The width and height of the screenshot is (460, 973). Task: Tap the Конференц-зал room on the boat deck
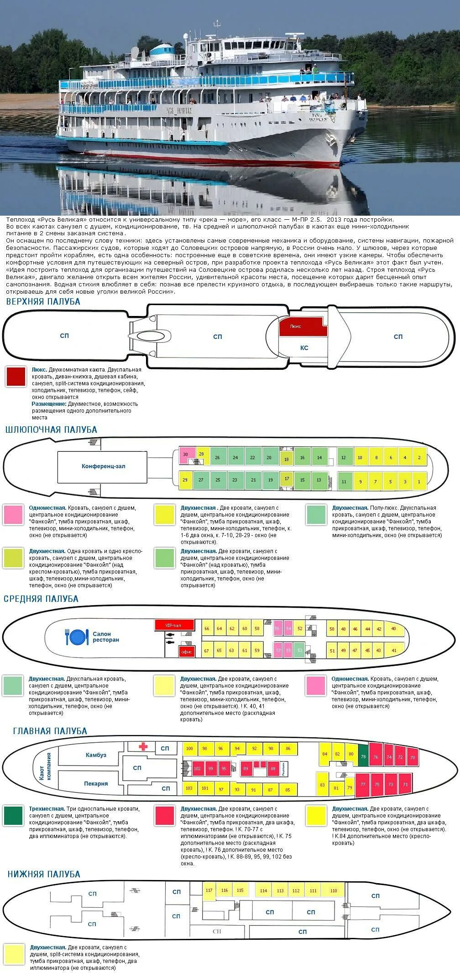pos(103,466)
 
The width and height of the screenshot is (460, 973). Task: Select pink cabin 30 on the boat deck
pos(185,455)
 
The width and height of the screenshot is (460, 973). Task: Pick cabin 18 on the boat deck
pos(286,459)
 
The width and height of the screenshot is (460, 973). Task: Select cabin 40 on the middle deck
pos(394,628)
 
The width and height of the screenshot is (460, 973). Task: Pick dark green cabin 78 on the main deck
pos(363,757)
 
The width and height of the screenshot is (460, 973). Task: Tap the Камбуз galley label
pos(96,755)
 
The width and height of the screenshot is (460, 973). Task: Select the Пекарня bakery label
pos(96,783)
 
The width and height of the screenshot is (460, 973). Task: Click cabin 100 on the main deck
pos(189,749)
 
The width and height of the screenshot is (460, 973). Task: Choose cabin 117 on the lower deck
pos(209,890)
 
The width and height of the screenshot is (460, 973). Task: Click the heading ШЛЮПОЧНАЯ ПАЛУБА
pos(51,430)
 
